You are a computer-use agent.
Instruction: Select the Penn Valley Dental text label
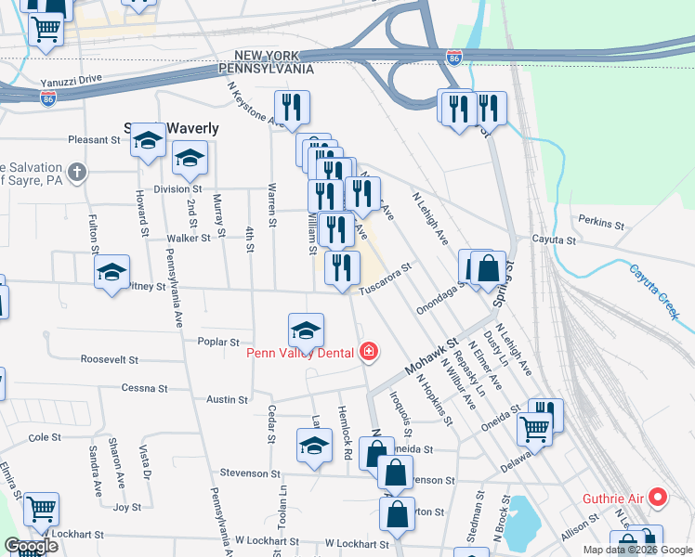point(300,352)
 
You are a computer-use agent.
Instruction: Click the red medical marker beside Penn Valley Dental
point(369,351)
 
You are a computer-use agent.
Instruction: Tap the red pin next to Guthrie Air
point(659,498)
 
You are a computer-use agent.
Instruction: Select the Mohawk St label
point(433,355)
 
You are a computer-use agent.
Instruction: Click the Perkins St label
point(599,224)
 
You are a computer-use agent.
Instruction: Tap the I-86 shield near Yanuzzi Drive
point(48,95)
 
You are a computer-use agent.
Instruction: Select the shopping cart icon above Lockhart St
point(41,508)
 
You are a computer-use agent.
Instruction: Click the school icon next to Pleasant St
point(147,140)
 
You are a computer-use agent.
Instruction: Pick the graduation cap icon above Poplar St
point(306,330)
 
